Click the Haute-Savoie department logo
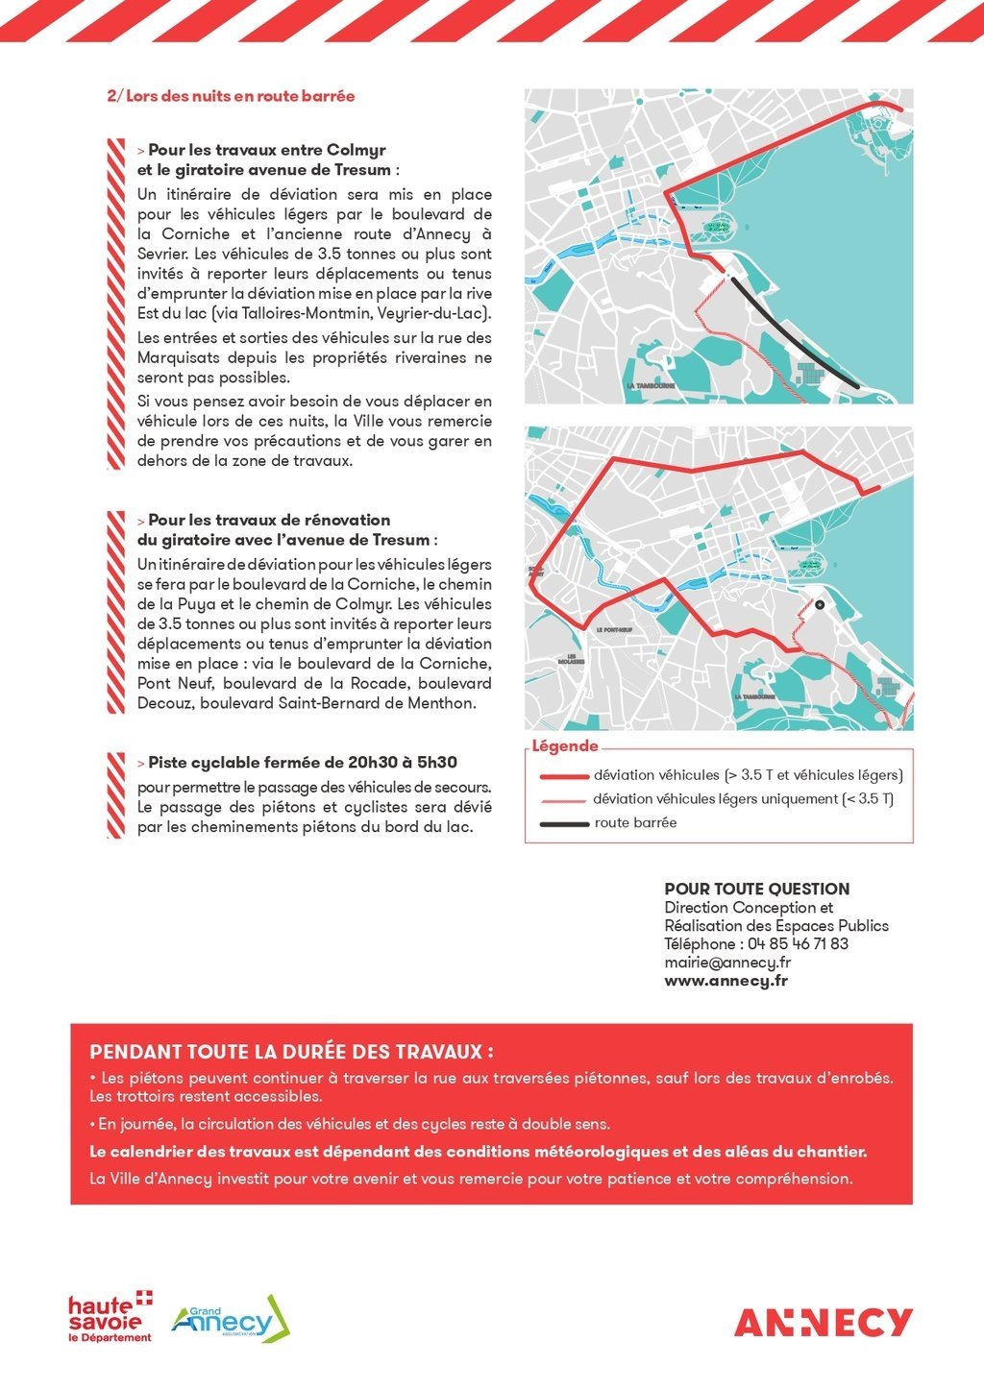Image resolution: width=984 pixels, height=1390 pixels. coord(110,1318)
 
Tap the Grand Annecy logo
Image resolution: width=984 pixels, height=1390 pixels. coord(231,1319)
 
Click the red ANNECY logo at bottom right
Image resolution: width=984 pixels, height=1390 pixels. coord(824,1323)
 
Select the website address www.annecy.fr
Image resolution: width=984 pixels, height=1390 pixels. coord(726,982)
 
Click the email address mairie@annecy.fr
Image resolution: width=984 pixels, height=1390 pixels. coord(727,963)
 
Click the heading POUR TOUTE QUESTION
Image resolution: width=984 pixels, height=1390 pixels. coord(757,890)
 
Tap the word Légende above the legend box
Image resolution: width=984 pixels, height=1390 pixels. coord(565,746)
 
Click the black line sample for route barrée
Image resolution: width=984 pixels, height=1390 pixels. coord(564,824)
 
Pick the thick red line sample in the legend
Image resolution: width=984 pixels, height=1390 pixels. coord(564,776)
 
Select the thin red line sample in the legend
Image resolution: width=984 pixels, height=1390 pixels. coord(564,800)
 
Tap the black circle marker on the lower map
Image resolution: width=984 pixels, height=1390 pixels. coord(820,605)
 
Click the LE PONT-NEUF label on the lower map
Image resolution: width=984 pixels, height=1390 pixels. coord(614,630)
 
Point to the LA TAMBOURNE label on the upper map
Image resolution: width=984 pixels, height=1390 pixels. coord(651,386)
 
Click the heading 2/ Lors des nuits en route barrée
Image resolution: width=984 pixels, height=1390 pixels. coord(231,96)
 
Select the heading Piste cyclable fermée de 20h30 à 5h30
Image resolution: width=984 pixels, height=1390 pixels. coord(303,763)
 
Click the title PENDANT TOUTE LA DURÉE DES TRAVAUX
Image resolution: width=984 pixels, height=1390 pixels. coord(292,1052)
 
